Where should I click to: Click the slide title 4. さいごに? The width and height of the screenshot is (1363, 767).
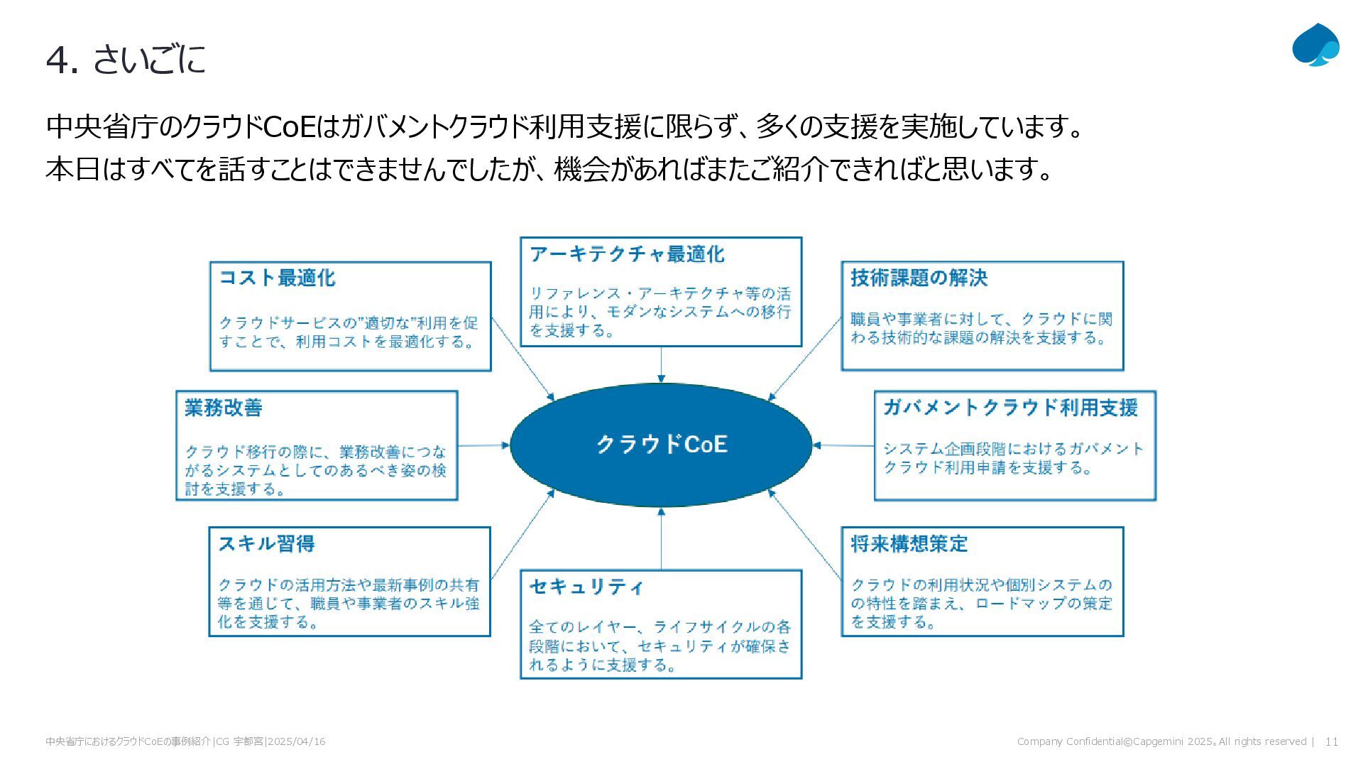tap(126, 60)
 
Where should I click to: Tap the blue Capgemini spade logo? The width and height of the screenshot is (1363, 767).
tap(1315, 45)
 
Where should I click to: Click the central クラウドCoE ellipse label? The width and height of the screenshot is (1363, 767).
tap(661, 445)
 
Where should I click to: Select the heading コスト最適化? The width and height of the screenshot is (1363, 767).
tap(277, 278)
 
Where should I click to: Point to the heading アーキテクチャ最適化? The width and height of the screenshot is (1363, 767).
tap(627, 254)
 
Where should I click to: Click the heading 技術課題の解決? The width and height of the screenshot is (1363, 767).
tap(919, 278)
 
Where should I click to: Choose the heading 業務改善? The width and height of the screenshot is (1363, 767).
tap(224, 408)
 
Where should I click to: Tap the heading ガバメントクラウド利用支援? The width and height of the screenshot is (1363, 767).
tap(1010, 408)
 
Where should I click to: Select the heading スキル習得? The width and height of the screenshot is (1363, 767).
tap(266, 544)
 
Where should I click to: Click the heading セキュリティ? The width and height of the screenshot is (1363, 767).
tap(586, 587)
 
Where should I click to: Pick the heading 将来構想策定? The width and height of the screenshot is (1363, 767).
tap(909, 544)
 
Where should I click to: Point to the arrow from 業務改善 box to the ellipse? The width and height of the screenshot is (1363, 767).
tap(483, 446)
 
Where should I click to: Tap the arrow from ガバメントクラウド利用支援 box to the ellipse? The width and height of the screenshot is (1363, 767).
tap(843, 446)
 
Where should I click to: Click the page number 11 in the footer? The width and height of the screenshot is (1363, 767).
tap(1331, 741)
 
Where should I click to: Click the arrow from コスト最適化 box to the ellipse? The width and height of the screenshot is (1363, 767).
tap(522, 359)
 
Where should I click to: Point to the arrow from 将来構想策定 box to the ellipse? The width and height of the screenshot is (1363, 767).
tap(805, 533)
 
